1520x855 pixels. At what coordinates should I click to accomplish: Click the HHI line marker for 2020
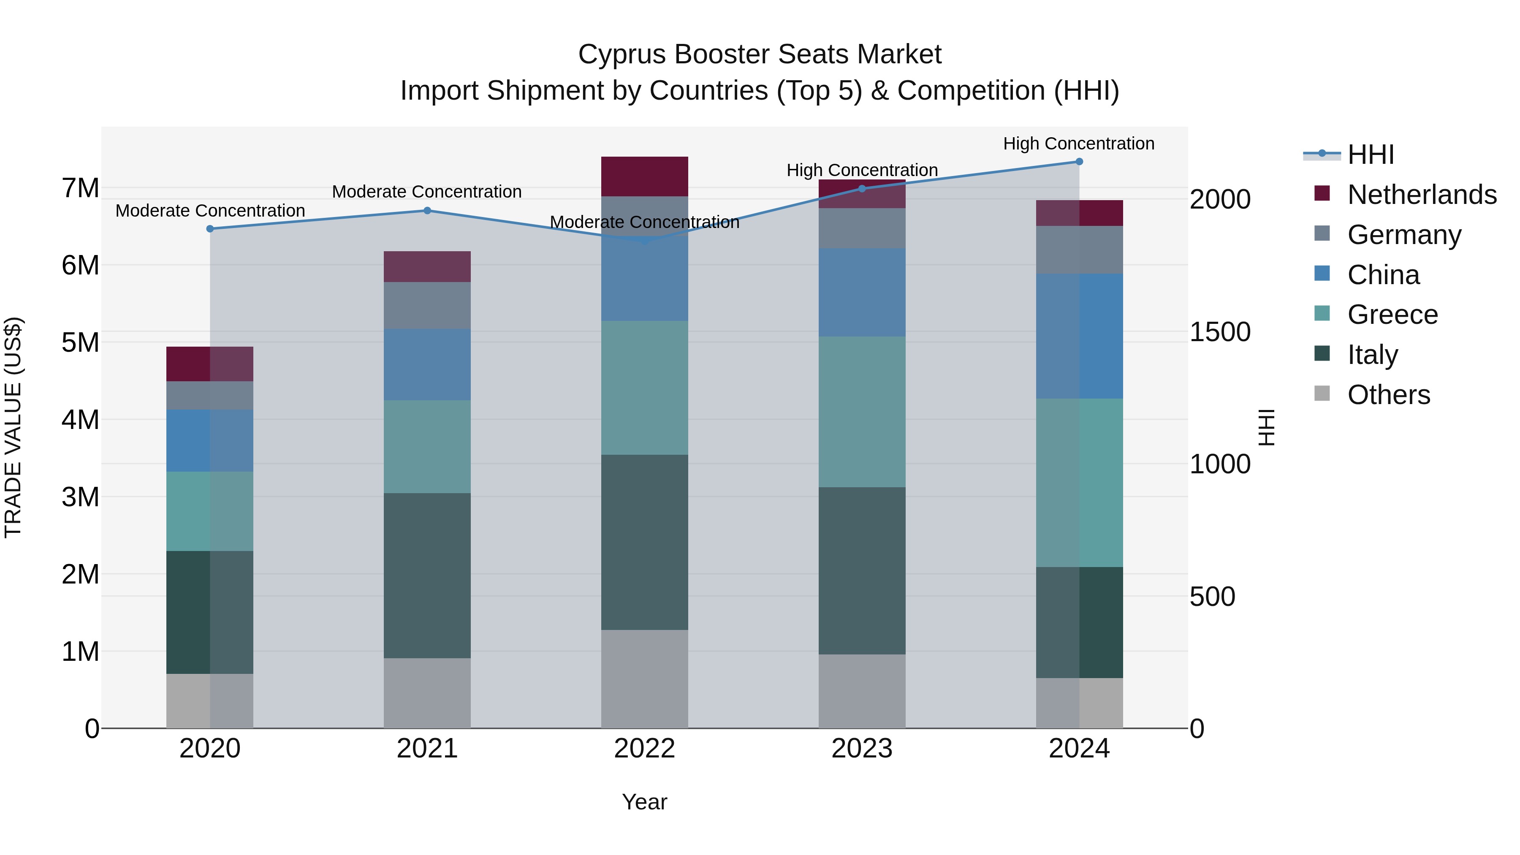pos(210,229)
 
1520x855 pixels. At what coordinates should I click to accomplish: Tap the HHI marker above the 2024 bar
pos(1079,162)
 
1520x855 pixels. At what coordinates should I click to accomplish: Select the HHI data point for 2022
pos(644,241)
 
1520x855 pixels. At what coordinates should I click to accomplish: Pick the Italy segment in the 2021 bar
pos(427,575)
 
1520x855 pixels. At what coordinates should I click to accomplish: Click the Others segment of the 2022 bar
pos(644,679)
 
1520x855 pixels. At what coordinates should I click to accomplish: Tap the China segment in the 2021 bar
pos(427,365)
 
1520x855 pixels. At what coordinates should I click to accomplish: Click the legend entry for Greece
pos(1392,315)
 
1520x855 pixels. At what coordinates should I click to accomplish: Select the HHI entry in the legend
pos(1370,155)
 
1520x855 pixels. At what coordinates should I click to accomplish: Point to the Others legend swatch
pos(1322,394)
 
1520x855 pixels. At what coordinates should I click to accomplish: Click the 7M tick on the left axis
pos(80,189)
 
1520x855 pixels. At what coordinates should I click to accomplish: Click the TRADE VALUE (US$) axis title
pos(13,427)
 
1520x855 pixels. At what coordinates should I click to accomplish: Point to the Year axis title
pos(644,802)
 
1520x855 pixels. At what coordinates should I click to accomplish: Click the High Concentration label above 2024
pos(1079,144)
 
